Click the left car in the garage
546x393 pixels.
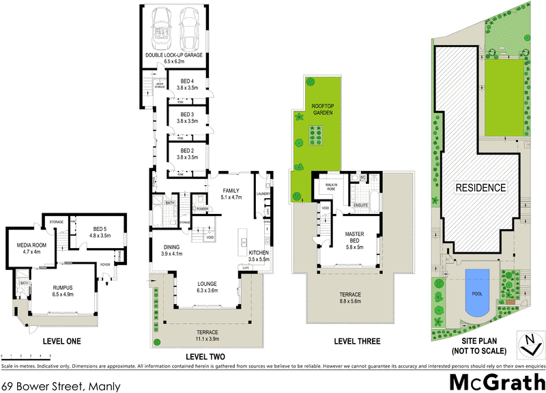coord(164,27)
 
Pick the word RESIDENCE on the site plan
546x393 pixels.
coord(481,187)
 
